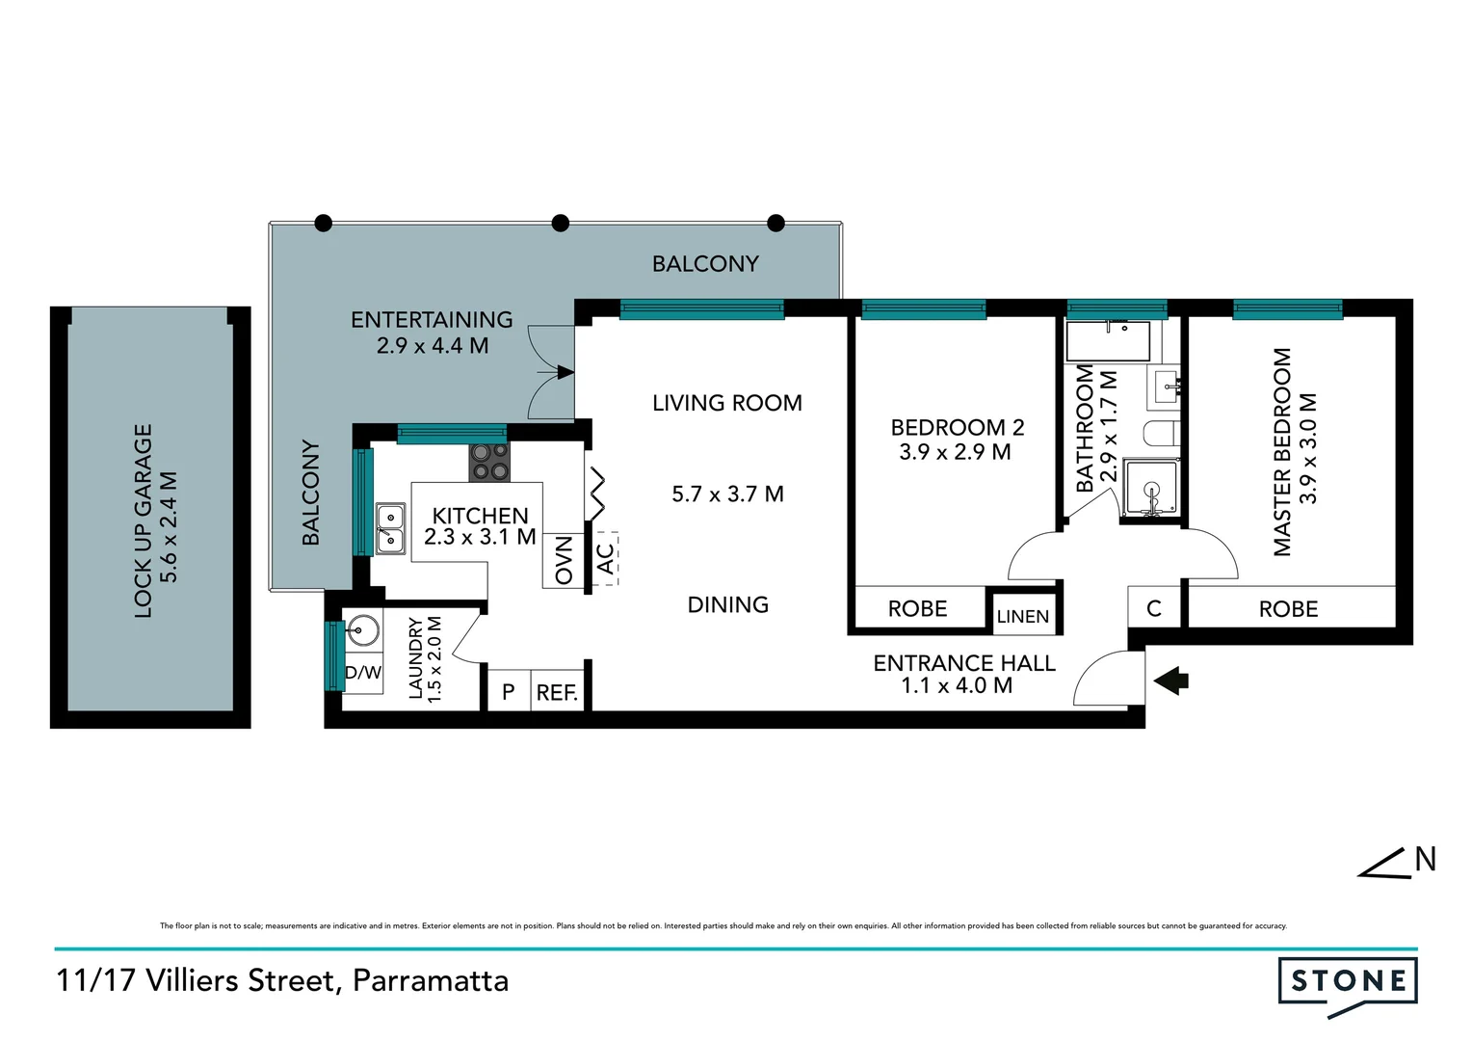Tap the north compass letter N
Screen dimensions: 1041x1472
click(x=1425, y=859)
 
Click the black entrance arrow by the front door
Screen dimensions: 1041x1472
click(x=1170, y=681)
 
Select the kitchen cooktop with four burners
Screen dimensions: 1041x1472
click(x=489, y=462)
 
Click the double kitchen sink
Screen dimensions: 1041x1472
click(x=389, y=528)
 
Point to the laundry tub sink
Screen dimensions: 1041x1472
click(x=362, y=632)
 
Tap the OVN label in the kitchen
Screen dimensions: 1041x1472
click(x=564, y=561)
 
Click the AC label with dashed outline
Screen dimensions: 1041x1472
click(x=605, y=558)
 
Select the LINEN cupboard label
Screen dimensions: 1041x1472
click(x=1022, y=617)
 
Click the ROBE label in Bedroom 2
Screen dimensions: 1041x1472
click(x=917, y=609)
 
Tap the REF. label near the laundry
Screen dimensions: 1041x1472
click(x=557, y=692)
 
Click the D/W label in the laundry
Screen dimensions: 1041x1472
click(x=363, y=673)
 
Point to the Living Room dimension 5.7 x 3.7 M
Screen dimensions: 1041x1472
click(x=727, y=494)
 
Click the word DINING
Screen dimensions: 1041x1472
click(x=727, y=605)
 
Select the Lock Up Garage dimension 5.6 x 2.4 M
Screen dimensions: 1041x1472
click(x=169, y=526)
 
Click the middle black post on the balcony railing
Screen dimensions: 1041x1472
click(x=560, y=224)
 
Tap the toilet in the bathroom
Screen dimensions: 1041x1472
click(x=1161, y=433)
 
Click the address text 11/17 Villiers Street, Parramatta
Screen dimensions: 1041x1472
click(x=282, y=981)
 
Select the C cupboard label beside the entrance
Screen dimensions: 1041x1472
click(x=1153, y=609)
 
